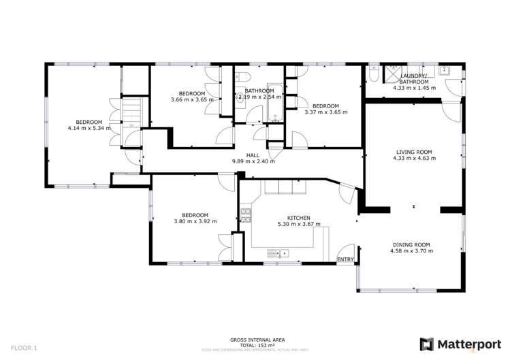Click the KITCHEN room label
299,216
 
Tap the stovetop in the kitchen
246,216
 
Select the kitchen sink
283,254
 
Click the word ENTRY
346,259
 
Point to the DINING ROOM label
412,244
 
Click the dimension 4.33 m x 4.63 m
413,159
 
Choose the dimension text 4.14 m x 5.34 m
89,128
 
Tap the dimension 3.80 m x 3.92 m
195,221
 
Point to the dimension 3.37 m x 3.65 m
325,112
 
